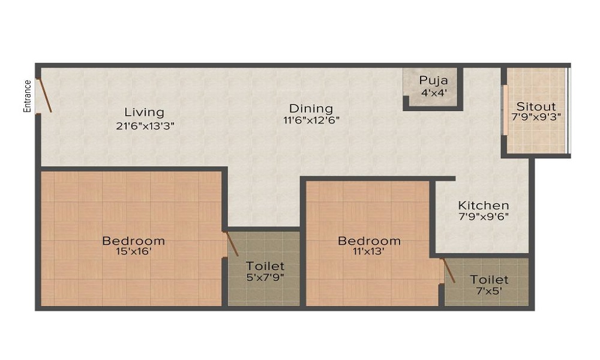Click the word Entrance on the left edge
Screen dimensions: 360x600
pos(27,96)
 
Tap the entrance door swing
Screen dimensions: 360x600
pos(44,96)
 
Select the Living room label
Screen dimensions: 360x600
pos(144,112)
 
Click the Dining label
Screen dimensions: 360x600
pos(311,109)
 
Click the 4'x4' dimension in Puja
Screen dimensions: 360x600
pos(433,92)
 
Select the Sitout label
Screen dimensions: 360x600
pos(536,105)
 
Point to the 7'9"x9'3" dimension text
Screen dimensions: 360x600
pos(536,117)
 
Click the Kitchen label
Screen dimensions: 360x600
pos(484,205)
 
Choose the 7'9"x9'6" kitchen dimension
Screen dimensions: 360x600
pos(484,217)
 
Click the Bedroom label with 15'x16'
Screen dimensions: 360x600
pos(133,241)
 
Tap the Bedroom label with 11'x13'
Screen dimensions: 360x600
pos(369,241)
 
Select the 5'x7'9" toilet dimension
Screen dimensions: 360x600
pos(264,277)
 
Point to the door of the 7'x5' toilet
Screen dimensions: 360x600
pos(448,271)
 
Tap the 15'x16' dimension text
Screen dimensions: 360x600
pos(133,252)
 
